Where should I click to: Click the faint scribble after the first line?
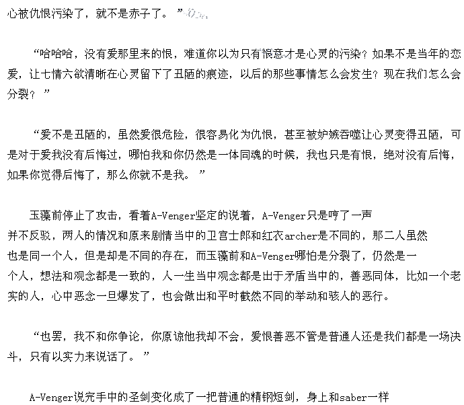coord(196,14)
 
